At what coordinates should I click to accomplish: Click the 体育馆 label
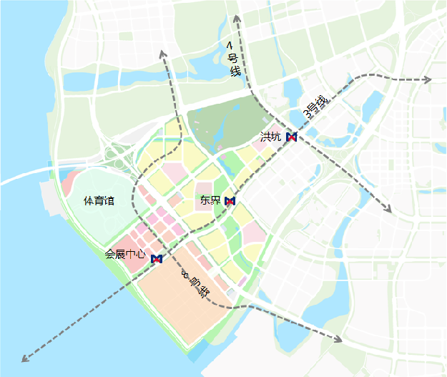99,201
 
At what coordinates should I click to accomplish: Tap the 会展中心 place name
125,254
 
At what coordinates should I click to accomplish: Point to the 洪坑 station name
270,136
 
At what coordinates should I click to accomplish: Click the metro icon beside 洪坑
291,137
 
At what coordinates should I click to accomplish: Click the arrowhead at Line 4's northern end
235,16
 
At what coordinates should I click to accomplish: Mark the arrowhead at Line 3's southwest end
25,357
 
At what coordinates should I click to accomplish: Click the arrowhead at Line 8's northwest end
163,54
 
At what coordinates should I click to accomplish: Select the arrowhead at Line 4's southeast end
388,209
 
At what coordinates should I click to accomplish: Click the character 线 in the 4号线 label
234,72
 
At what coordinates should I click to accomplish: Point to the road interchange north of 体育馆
114,154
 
